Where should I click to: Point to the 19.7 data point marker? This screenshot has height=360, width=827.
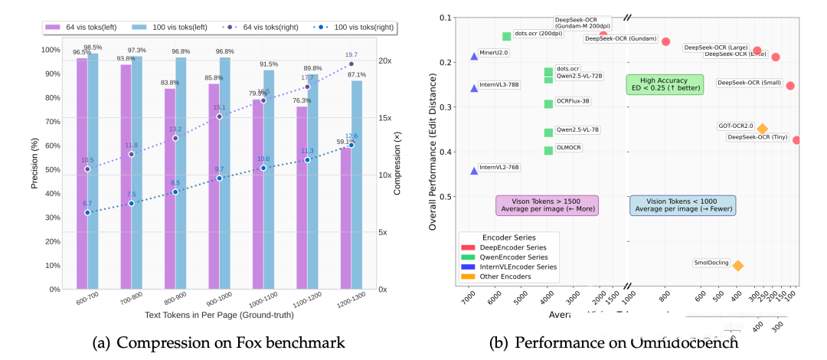tap(351, 64)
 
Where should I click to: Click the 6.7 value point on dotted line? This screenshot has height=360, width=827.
tap(87, 212)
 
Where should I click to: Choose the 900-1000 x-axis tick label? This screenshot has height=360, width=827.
tap(219, 303)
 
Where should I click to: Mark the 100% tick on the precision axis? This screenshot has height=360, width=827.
tap(50, 50)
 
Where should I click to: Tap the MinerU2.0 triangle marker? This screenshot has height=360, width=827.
tap(474, 57)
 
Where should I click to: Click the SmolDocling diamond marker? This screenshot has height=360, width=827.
tap(737, 266)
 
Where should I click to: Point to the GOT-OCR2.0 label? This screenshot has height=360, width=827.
tap(736, 126)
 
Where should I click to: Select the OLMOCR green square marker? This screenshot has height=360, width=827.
tap(548, 150)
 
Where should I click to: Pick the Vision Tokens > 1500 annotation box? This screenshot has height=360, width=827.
tap(547, 205)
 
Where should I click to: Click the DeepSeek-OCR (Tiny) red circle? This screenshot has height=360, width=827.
tap(796, 140)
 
